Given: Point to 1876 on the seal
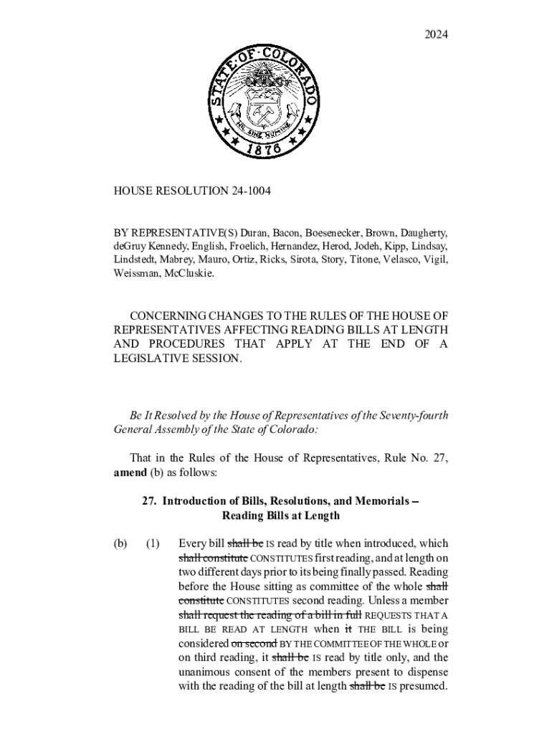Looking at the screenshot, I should pyautogui.click(x=262, y=150).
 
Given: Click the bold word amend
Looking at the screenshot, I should pyautogui.click(x=130, y=472).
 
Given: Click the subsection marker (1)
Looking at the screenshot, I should pyautogui.click(x=153, y=543).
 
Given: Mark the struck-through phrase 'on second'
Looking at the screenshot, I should pyautogui.click(x=254, y=643).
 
